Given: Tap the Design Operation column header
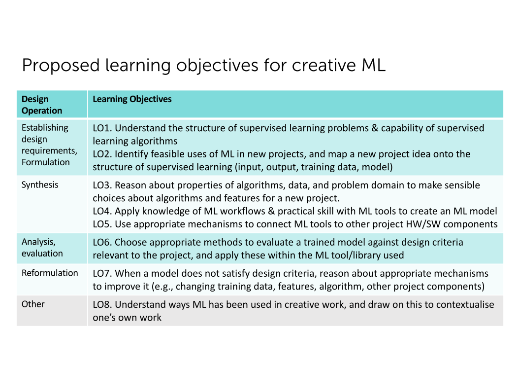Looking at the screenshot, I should pyautogui.click(x=42, y=105).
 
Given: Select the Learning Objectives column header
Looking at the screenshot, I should pyautogui.click(x=132, y=99).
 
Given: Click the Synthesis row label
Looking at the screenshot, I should pyautogui.click(x=40, y=185).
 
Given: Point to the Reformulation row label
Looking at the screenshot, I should pyautogui.click(x=50, y=273).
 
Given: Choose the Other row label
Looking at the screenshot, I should pyautogui.click(x=33, y=304).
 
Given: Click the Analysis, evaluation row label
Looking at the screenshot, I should pyautogui.click(x=42, y=248).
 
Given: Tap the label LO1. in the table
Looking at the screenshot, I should pyautogui.click(x=102, y=128).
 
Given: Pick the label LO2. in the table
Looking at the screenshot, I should pyautogui.click(x=102, y=154).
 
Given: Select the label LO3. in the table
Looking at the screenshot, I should pyautogui.click(x=102, y=185).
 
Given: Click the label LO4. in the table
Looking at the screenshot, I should pyautogui.click(x=102, y=211).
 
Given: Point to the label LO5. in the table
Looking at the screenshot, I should pyautogui.click(x=102, y=224).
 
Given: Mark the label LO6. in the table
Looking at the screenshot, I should pyautogui.click(x=102, y=242).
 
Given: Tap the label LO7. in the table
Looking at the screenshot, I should pyautogui.click(x=102, y=273).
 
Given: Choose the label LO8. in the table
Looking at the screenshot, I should pyautogui.click(x=102, y=304).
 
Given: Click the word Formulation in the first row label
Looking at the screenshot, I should pyautogui.click(x=46, y=162).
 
